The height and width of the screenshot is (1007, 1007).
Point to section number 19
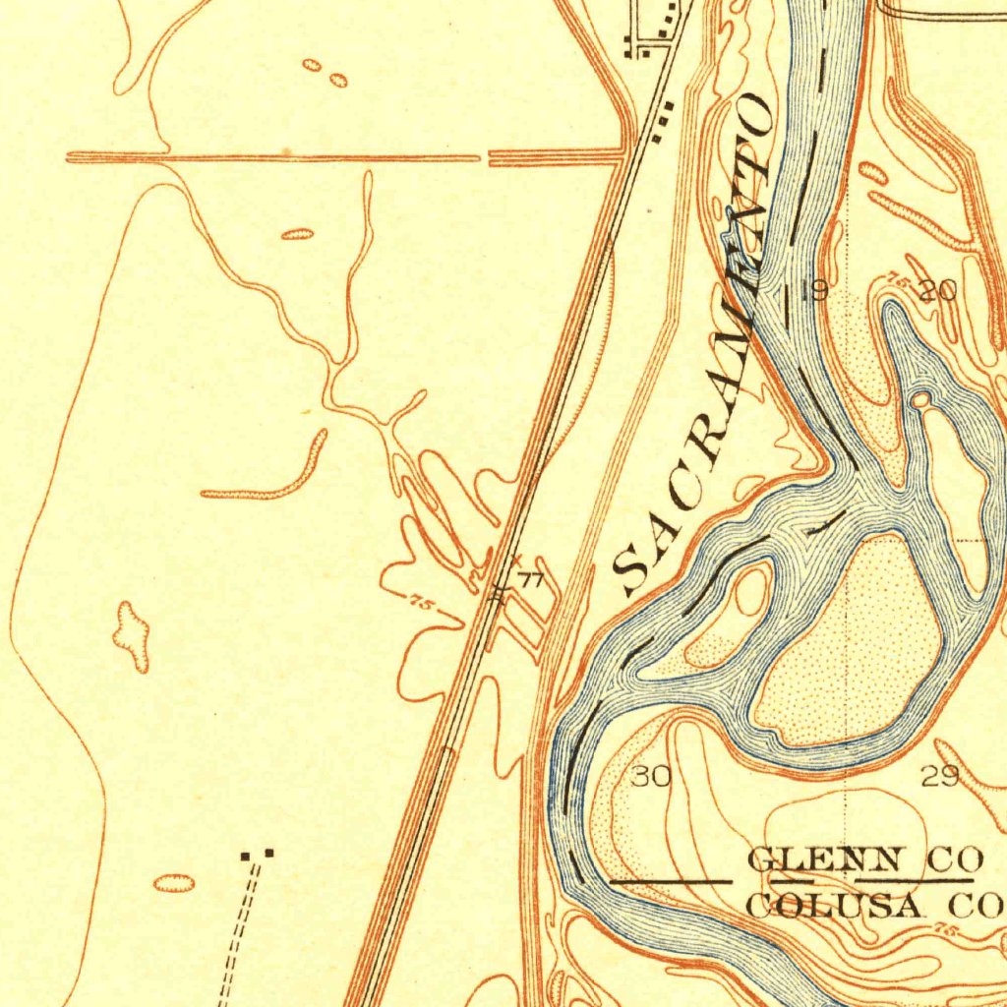(x=813, y=291)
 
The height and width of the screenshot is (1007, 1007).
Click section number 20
(x=937, y=290)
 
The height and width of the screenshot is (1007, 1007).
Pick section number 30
(x=650, y=777)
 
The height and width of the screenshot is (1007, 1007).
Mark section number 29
(x=940, y=777)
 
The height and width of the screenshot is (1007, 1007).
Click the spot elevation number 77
(x=531, y=580)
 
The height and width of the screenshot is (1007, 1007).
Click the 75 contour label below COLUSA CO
(x=947, y=930)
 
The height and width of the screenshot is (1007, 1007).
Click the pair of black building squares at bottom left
(x=258, y=855)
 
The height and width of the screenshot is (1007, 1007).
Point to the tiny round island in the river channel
(x=921, y=399)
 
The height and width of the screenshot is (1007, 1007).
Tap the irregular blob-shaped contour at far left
(x=131, y=636)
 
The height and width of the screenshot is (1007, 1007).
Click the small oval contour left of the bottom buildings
(x=173, y=883)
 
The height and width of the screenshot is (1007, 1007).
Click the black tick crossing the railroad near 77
(x=500, y=591)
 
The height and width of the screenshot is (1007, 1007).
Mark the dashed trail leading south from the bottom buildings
(x=241, y=934)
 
